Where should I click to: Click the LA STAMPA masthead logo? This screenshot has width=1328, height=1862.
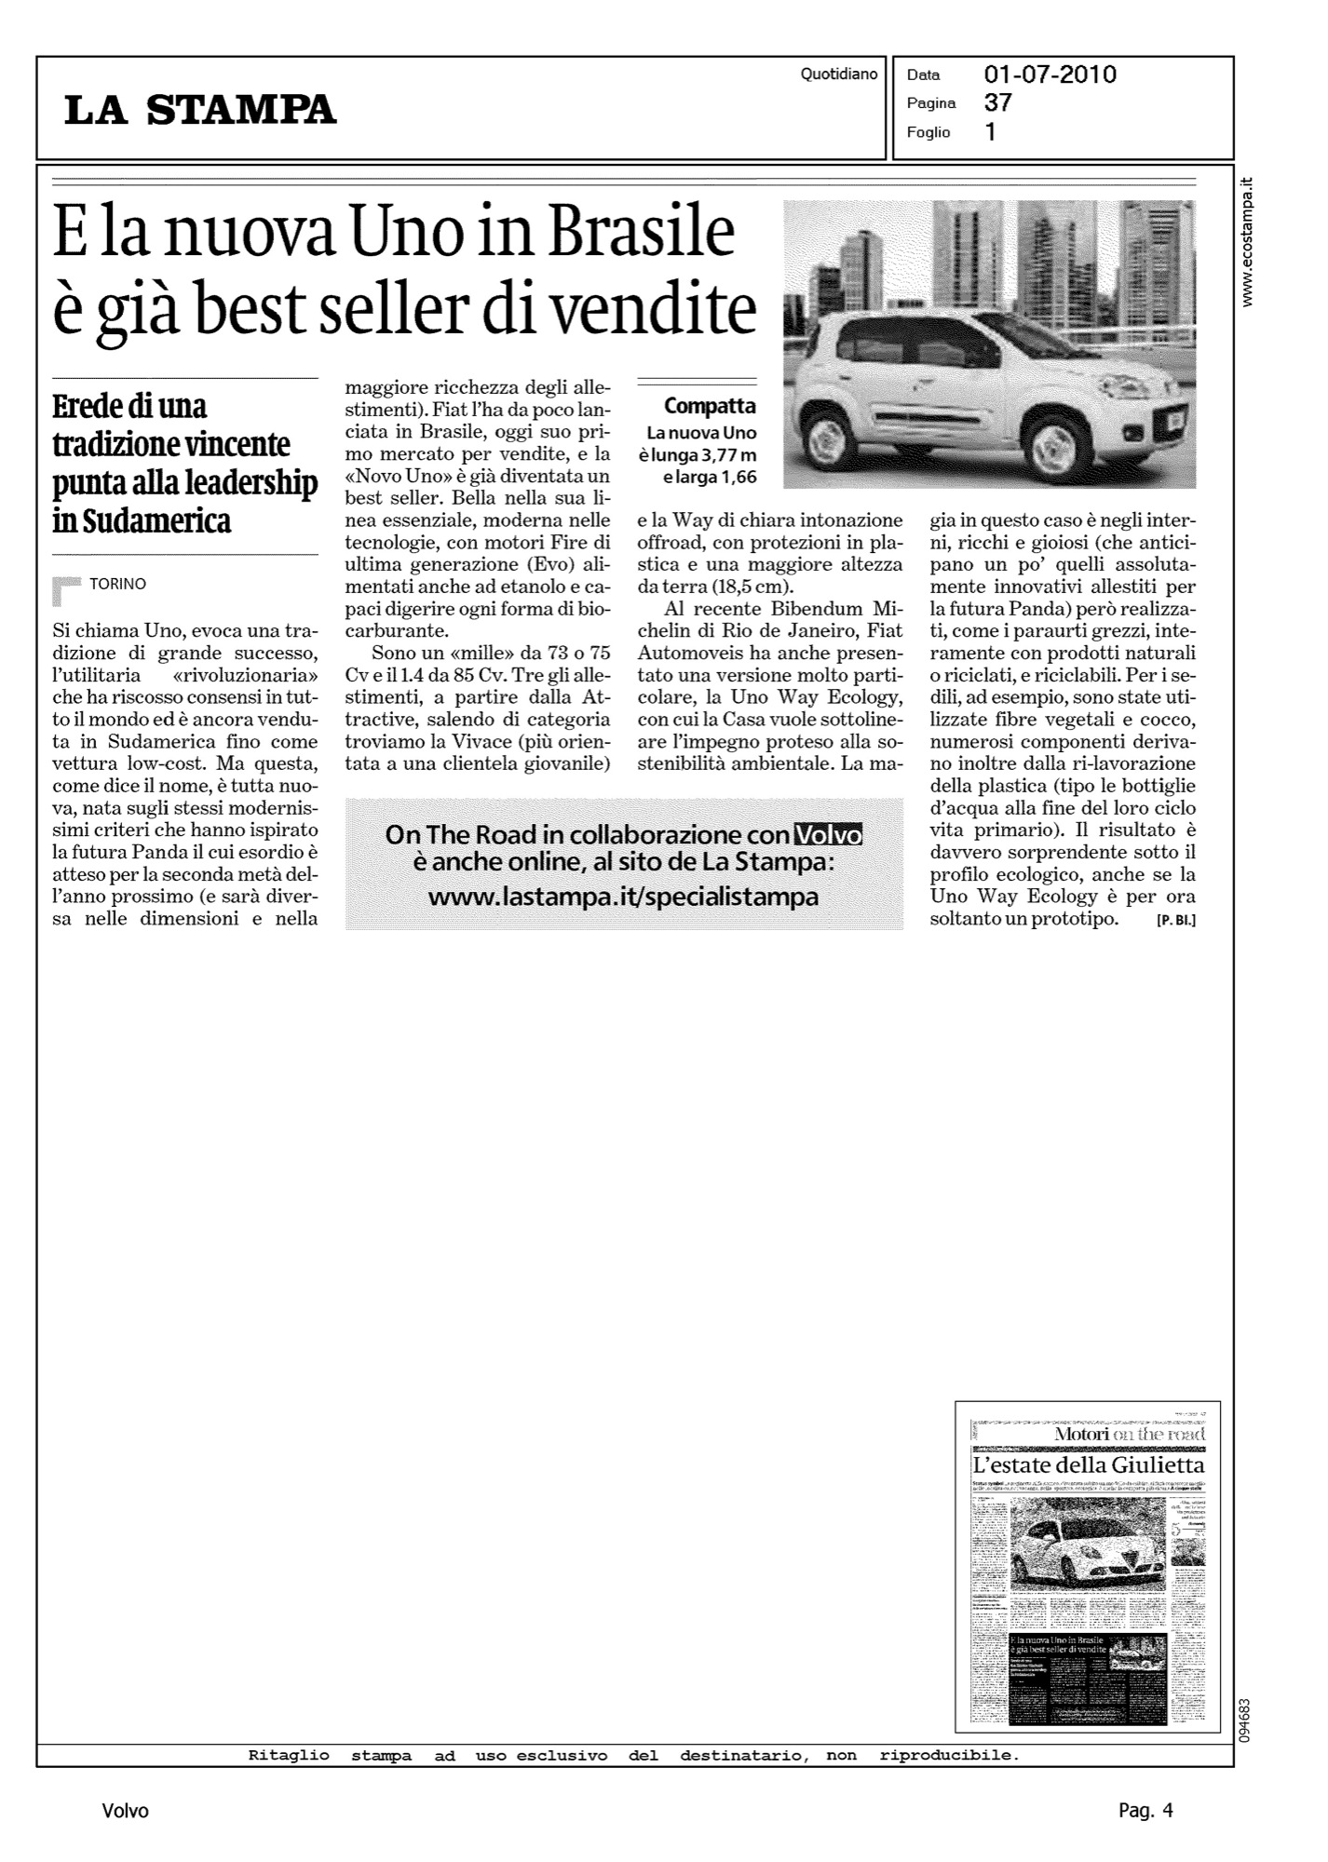point(200,110)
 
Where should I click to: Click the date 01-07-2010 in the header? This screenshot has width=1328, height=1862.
point(1050,74)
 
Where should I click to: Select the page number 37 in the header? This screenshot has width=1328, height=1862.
point(997,103)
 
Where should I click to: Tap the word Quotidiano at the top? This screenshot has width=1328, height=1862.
point(838,74)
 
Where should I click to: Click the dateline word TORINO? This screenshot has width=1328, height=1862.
point(117,584)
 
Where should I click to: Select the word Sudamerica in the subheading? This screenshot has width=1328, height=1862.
point(142,521)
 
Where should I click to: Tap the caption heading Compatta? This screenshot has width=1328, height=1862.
point(710,407)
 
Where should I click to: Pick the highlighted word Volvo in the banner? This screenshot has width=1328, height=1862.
point(826,835)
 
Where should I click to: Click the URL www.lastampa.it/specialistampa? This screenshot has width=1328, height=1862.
point(623,897)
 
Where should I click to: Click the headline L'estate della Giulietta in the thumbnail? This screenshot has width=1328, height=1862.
point(1087,1466)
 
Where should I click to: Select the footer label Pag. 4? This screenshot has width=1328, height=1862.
point(1145,1811)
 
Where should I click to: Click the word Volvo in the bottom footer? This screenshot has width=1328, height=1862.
point(125,1811)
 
